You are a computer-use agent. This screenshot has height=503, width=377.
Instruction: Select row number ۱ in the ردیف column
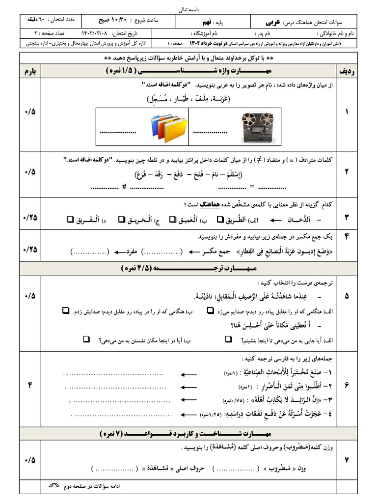[x=347, y=112]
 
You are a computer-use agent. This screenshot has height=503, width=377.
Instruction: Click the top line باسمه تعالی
[x=188, y=9]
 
